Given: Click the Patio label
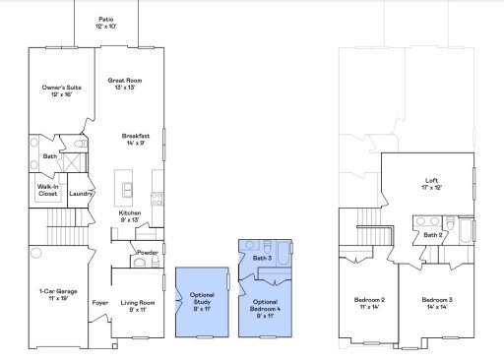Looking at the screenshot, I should [105, 23].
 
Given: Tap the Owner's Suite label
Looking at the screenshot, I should [61, 91].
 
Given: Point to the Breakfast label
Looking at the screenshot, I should [136, 139].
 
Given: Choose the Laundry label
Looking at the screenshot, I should [80, 194].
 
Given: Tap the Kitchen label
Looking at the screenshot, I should [131, 215].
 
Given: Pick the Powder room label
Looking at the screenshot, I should [148, 253].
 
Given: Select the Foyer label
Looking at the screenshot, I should [98, 303].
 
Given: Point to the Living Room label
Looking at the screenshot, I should [133, 306].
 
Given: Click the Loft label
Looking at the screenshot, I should [431, 184].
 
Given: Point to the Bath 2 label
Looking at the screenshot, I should [432, 235].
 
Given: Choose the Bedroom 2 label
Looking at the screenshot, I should [369, 302].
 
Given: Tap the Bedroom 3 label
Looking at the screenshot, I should [437, 302].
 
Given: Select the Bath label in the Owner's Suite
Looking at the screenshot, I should [49, 156].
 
